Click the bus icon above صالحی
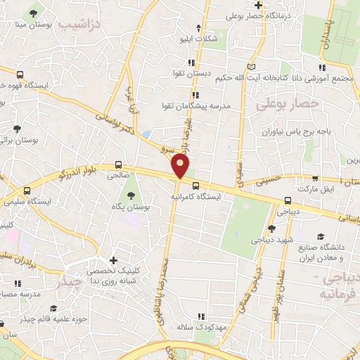tap(118, 165)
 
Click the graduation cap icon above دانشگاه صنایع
tap(321, 237)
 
